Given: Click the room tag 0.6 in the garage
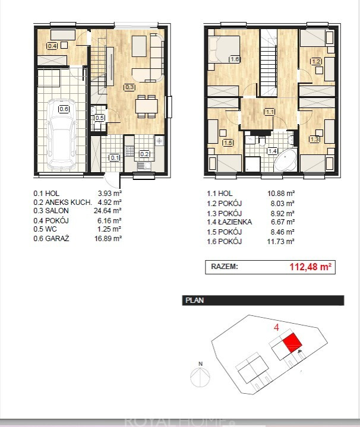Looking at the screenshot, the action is pyautogui.click(x=64, y=109).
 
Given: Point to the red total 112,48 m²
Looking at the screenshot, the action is pyautogui.click(x=311, y=267).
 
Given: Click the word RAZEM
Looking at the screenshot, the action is pyautogui.click(x=225, y=266).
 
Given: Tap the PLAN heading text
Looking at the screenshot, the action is pyautogui.click(x=194, y=300).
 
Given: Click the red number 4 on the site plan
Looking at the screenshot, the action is pyautogui.click(x=276, y=327).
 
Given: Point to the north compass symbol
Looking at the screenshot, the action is pyautogui.click(x=200, y=376).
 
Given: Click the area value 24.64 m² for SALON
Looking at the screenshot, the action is pyautogui.click(x=108, y=210).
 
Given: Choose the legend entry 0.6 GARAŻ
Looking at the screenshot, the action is pyautogui.click(x=51, y=239).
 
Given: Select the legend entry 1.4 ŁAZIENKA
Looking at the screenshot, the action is pyautogui.click(x=229, y=222).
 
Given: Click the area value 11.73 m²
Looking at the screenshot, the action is pyautogui.click(x=281, y=241).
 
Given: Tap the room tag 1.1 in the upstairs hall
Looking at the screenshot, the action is pyautogui.click(x=270, y=112).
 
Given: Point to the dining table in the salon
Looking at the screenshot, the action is pyautogui.click(x=147, y=106).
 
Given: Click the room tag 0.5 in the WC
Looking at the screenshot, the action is pyautogui.click(x=99, y=118).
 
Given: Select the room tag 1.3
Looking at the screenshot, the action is pyautogui.click(x=314, y=139).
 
